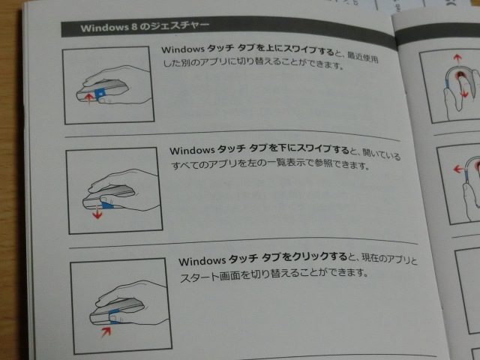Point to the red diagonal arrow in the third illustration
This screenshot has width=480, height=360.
pyautogui.click(x=107, y=328)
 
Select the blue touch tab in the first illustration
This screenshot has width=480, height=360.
pyautogui.click(x=100, y=92)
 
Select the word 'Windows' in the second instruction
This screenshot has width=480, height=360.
pyautogui.click(x=191, y=150)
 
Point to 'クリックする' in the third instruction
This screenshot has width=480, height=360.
pyautogui.click(x=316, y=261)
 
